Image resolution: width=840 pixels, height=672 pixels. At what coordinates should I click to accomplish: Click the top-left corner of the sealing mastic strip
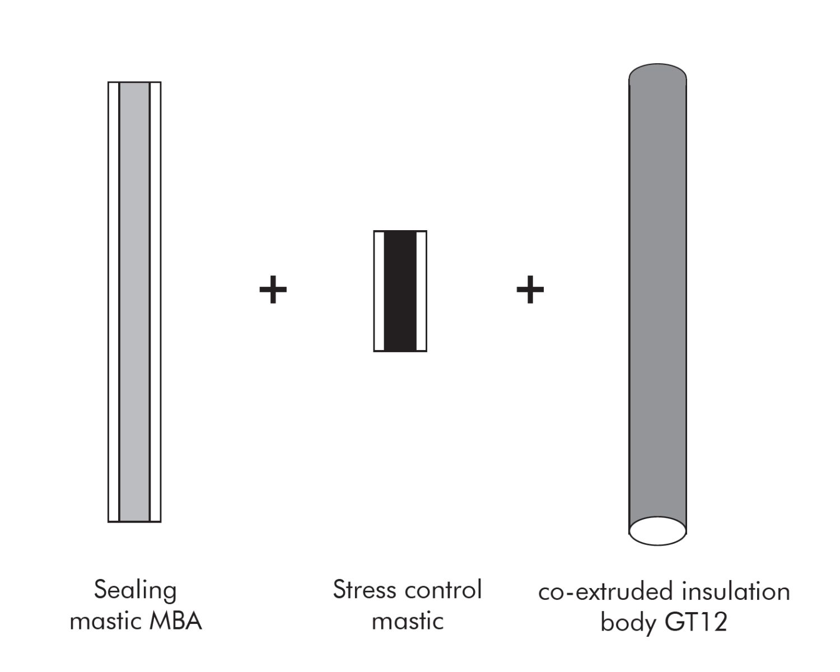pos(108,82)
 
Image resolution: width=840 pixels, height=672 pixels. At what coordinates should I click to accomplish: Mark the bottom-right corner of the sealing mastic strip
pos(161,522)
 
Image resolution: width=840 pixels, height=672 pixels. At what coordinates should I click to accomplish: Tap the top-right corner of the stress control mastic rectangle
pos(427,231)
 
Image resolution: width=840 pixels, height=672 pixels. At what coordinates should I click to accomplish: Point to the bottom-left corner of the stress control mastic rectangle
pos(374,352)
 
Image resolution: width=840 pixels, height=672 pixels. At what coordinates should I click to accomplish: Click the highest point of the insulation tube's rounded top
pos(657,63)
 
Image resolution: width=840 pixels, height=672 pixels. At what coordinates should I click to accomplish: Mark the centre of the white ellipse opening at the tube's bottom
pos(657,531)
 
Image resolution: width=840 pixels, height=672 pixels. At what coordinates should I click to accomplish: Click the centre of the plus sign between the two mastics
pos(273,290)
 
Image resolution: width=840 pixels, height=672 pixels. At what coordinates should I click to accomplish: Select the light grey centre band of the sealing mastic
pos(134,302)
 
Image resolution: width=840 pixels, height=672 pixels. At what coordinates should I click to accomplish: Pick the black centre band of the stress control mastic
pos(400,291)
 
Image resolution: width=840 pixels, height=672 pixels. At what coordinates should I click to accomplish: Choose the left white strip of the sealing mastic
pos(114,302)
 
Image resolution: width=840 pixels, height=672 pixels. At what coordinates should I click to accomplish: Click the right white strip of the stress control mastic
pos(421,291)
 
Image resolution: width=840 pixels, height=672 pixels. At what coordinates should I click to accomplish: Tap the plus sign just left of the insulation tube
pos(530,290)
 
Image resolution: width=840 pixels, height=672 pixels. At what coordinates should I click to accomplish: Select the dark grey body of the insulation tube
pos(657,297)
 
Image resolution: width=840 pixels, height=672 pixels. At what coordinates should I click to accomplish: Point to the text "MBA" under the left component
pos(176,621)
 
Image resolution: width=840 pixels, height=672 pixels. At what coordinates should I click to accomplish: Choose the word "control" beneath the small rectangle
pos(443,589)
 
